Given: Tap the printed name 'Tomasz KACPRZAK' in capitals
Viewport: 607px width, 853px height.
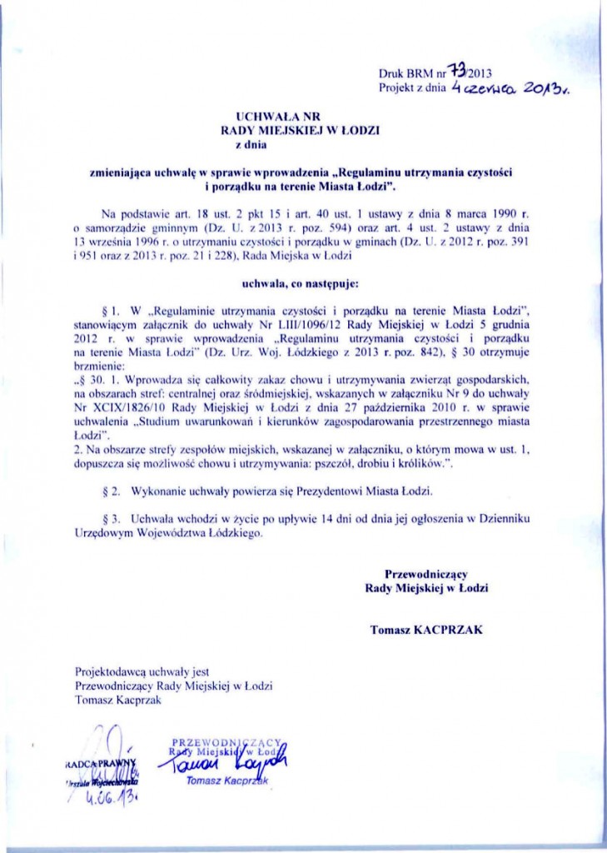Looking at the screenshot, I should point(426,630).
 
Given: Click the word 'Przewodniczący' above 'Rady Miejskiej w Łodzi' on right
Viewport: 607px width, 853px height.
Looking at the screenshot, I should point(426,574).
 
